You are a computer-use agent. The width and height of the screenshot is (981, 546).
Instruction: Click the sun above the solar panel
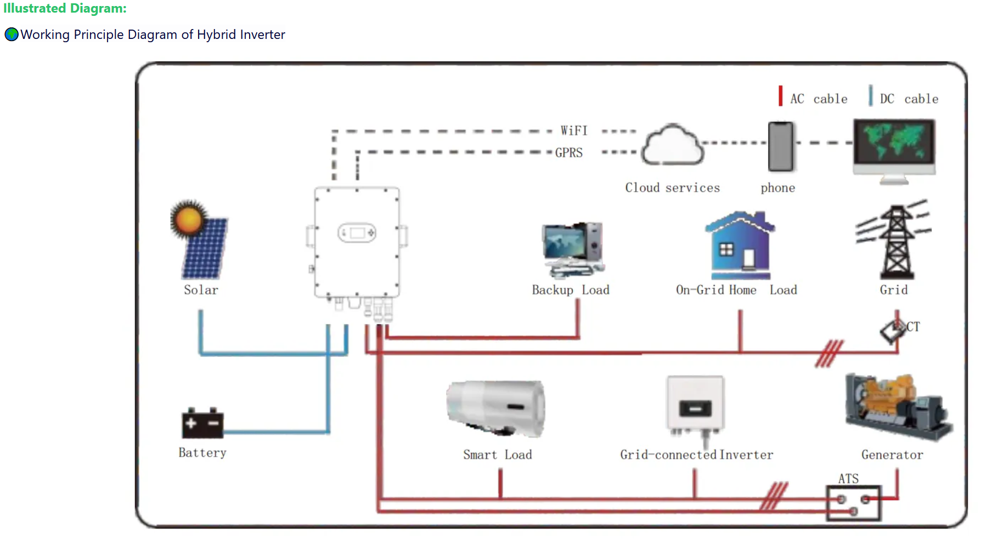189,219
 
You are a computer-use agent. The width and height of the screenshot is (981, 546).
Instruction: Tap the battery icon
202,423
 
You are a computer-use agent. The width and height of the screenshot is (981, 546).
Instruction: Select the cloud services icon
673,145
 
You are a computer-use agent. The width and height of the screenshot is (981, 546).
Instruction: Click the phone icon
781,147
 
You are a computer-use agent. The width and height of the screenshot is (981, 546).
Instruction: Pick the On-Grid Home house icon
740,245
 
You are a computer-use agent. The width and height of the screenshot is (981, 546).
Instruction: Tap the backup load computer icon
573,249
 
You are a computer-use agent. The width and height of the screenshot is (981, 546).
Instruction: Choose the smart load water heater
496,408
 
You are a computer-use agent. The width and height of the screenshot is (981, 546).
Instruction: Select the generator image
898,406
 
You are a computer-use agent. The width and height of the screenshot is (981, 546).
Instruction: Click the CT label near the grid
913,327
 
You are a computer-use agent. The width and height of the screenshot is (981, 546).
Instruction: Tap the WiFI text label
574,131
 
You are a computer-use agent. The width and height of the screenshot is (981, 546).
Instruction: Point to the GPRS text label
569,153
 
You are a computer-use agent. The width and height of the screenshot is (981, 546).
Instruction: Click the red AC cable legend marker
780,96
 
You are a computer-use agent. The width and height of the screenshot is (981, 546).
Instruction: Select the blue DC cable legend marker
870,96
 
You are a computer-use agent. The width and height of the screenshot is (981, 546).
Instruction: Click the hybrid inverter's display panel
357,233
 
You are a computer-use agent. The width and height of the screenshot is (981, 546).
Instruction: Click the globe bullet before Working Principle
12,35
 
